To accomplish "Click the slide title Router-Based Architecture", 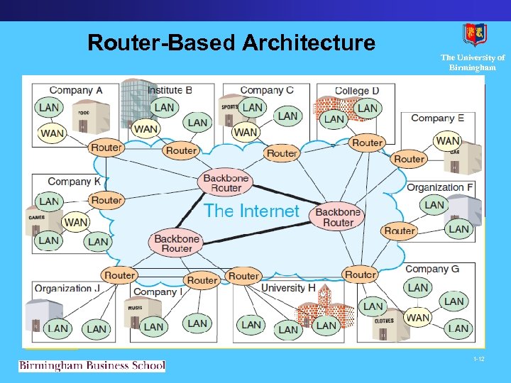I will [231, 43].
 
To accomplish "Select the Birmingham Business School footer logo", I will [92, 366].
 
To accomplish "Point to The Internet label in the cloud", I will [252, 211].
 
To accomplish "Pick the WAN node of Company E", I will [447, 140].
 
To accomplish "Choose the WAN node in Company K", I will [76, 222].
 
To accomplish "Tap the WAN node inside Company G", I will [418, 318].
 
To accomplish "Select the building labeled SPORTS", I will [230, 112].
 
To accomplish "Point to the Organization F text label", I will [439, 187].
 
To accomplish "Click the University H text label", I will [288, 288].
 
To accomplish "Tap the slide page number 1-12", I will [480, 360].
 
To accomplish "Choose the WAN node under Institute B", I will [145, 129].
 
